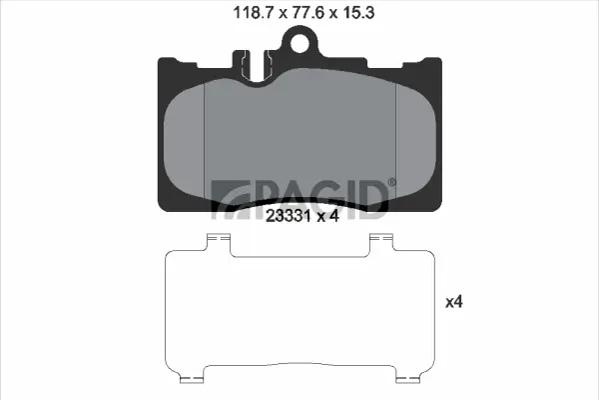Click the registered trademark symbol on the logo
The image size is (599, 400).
pyautogui.click(x=391, y=182)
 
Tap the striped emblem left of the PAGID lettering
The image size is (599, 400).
pyautogui.click(x=227, y=199)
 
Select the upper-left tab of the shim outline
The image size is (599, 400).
pyautogui.click(x=217, y=240)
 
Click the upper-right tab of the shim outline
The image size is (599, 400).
pyautogui.click(x=380, y=240)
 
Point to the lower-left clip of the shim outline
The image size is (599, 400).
pyautogui.click(x=191, y=378)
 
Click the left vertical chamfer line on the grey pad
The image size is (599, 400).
pyautogui.click(x=204, y=140)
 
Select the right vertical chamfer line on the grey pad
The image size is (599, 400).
pyautogui.click(x=397, y=140)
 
